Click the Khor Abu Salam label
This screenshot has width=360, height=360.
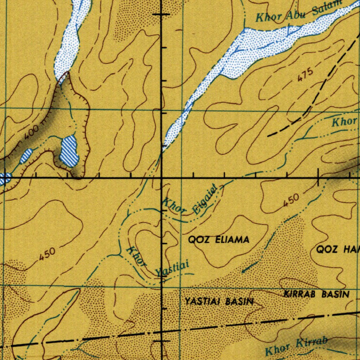pyautogui.click(x=299, y=12)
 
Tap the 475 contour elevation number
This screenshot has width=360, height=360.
pyautogui.click(x=305, y=75)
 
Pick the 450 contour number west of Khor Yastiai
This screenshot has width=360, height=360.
pyautogui.click(x=47, y=254)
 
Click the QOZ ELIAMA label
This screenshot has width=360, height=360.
pyautogui.click(x=219, y=240)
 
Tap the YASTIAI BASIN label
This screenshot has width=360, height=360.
pyautogui.click(x=219, y=301)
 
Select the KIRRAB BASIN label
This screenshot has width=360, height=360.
pyautogui.click(x=316, y=294)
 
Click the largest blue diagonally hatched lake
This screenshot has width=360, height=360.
pyautogui.click(x=69, y=151)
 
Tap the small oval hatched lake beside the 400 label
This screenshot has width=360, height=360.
pyautogui.click(x=26, y=156)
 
